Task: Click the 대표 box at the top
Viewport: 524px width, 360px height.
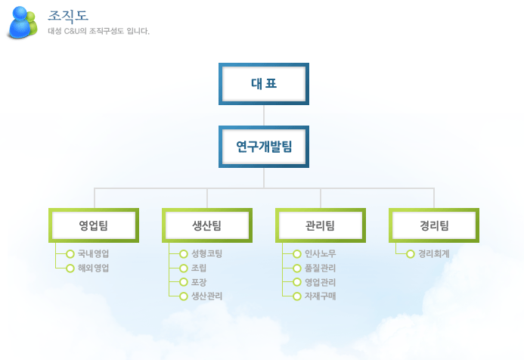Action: point(264,83)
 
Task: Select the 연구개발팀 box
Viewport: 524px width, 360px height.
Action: point(264,146)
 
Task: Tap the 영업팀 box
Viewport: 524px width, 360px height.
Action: point(94,225)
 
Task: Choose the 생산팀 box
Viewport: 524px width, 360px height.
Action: point(207,225)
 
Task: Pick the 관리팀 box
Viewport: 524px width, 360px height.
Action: point(321,225)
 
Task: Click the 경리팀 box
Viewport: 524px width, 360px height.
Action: point(434,225)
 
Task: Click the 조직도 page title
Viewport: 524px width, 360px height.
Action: point(68,15)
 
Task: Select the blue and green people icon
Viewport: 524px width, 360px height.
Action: point(22,22)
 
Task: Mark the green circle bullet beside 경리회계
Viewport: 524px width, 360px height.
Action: point(410,254)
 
